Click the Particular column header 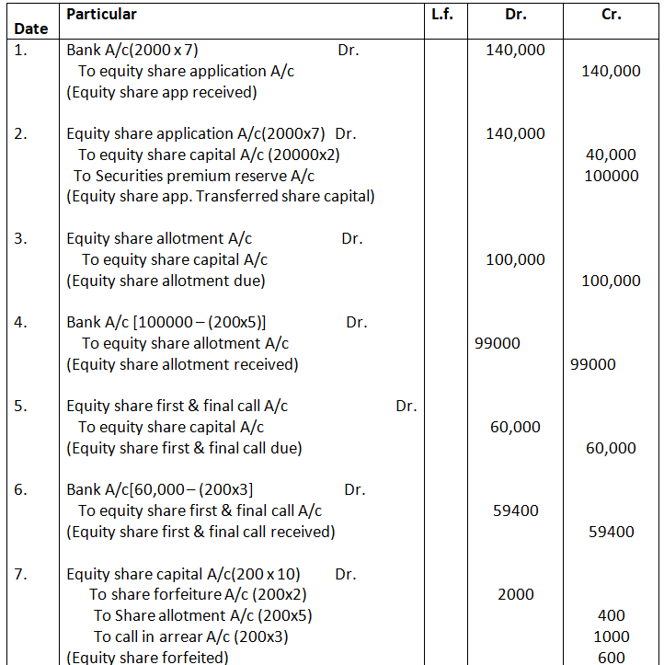[101, 14]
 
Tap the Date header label [31, 29]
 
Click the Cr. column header [612, 15]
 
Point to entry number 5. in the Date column [22, 406]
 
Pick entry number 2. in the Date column [22, 133]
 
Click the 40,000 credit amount [611, 155]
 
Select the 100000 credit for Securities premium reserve [611, 176]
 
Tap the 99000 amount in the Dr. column [498, 343]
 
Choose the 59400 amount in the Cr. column [611, 532]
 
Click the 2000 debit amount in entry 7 [515, 594]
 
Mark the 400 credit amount [611, 615]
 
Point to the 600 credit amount [611, 658]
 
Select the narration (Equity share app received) [161, 92]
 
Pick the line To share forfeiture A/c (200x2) [198, 594]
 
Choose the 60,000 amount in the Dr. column [515, 427]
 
